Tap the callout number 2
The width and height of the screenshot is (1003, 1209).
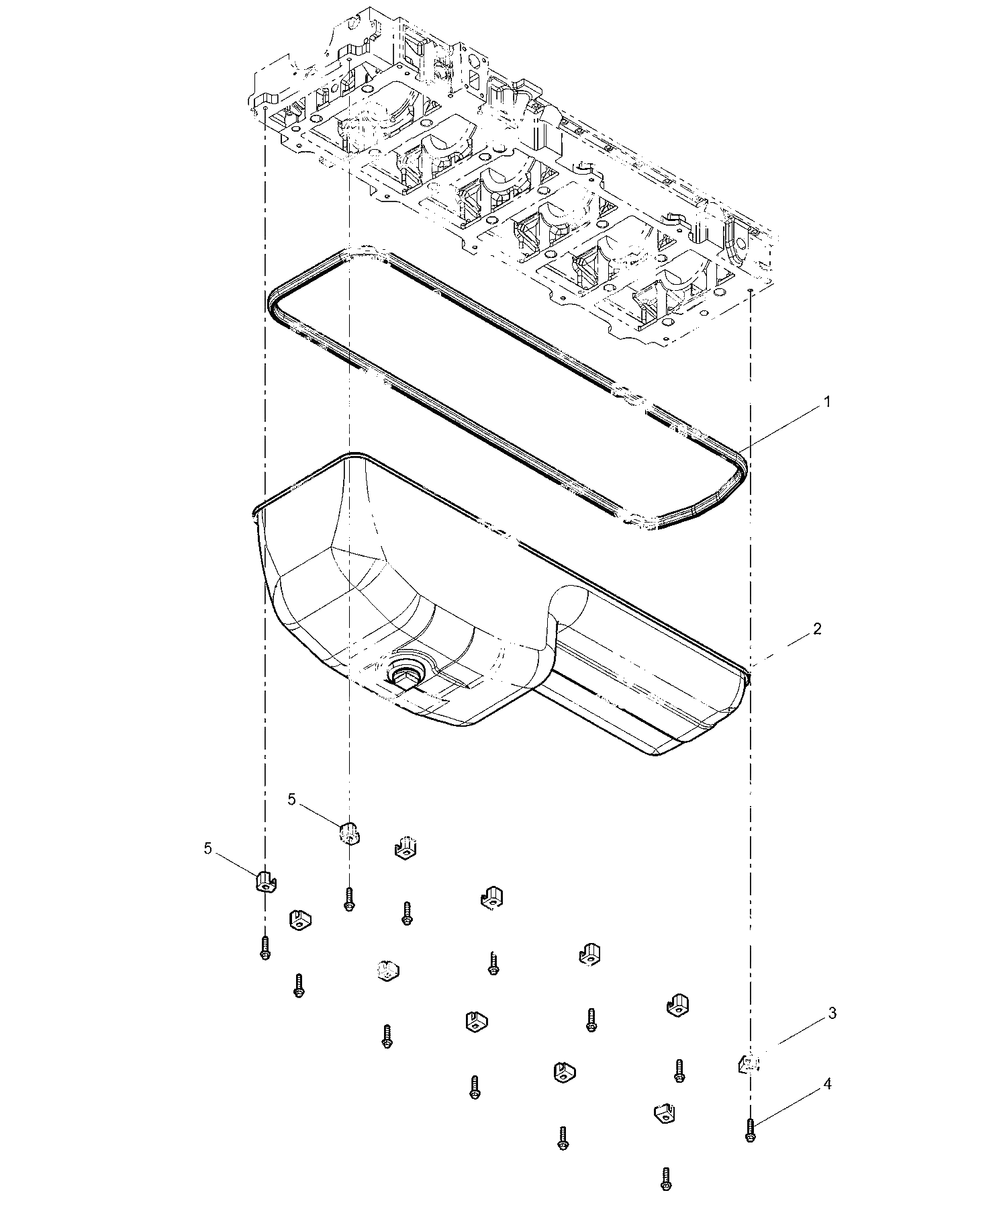[x=817, y=629]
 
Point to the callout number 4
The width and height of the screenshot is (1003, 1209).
[x=827, y=1084]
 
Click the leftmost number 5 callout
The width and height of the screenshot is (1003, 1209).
[x=207, y=848]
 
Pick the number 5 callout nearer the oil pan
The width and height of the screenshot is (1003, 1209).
[x=292, y=799]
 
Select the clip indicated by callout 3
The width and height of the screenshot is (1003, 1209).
[x=749, y=1063]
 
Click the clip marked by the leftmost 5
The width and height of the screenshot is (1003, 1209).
[x=267, y=881]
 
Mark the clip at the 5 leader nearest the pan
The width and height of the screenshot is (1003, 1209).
[x=348, y=834]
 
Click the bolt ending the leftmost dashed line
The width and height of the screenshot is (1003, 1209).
[x=265, y=948]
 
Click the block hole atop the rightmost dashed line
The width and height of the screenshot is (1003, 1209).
[x=749, y=289]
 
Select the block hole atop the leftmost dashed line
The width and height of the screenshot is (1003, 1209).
[x=266, y=107]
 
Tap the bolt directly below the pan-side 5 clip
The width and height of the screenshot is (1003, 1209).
[x=348, y=899]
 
